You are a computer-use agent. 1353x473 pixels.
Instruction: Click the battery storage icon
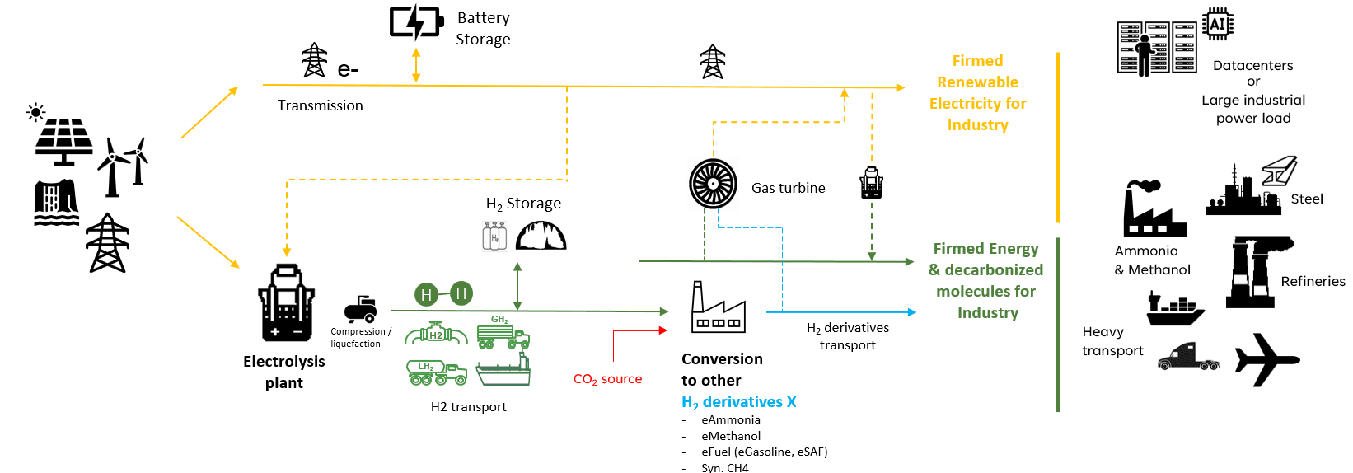pos(417,22)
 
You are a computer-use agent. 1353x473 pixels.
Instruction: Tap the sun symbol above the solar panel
pos(35,112)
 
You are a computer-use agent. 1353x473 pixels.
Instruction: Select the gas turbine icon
pos(713,184)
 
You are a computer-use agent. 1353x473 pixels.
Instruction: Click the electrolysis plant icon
pos(286,303)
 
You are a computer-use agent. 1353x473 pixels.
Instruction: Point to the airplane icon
pos(1266,360)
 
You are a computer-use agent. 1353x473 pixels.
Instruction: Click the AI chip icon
pos(1217,24)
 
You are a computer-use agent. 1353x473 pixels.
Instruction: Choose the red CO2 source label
pos(607,379)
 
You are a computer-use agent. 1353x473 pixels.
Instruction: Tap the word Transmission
pos(320,105)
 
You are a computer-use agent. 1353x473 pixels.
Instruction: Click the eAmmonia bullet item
pos(730,419)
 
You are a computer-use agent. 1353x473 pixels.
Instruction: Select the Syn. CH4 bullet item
pos(724,467)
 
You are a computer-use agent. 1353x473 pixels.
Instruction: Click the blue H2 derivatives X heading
pos(738,402)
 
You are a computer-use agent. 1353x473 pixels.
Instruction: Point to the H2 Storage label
pos(523,204)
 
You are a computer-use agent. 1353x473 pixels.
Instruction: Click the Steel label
pos(1306,199)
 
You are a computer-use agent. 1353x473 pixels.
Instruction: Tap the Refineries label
pos(1313,281)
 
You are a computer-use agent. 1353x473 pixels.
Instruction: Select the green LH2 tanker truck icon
pos(436,373)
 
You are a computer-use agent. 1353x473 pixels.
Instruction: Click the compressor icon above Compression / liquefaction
pos(361,309)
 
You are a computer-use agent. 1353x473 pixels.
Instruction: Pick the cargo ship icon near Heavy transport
pos(1175,309)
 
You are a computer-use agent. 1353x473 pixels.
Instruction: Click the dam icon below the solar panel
pos(56,203)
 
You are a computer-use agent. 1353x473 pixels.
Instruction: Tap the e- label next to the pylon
pos(348,70)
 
